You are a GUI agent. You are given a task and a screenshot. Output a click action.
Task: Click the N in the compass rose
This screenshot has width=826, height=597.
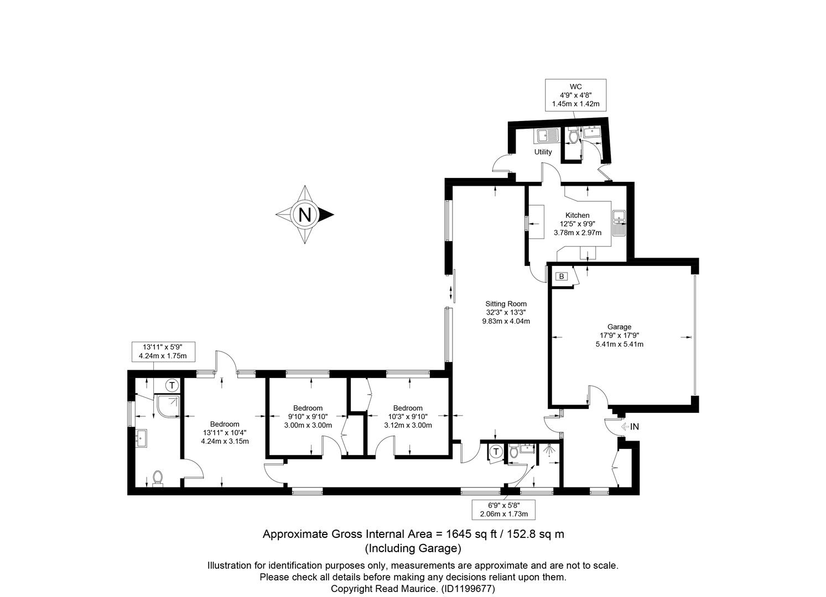tap(305, 214)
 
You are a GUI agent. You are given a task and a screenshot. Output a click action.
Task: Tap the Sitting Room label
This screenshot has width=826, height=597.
tap(506, 304)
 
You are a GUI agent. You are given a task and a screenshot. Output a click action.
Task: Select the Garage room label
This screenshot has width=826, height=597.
tap(620, 327)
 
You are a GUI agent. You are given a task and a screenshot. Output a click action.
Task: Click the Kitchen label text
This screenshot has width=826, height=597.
tap(578, 215)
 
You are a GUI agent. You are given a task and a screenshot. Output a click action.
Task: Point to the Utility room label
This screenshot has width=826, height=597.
tap(543, 152)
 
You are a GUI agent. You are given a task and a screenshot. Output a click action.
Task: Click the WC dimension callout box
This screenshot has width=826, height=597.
tap(575, 95)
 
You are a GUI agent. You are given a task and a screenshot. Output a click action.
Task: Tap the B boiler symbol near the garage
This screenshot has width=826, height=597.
tap(562, 276)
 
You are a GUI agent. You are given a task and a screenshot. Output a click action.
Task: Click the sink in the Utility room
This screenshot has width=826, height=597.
tap(546, 136)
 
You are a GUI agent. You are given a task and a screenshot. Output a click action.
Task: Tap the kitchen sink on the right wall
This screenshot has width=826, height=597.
tap(619, 223)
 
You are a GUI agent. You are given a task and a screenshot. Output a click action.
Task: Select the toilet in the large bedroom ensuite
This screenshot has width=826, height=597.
tap(158, 478)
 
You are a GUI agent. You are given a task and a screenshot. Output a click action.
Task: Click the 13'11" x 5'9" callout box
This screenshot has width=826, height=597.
tap(163, 352)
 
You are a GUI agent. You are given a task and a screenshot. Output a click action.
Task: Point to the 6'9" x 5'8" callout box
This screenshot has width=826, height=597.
tap(503, 510)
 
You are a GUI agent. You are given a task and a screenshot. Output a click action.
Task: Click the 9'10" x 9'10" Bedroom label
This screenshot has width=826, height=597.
tap(308, 417)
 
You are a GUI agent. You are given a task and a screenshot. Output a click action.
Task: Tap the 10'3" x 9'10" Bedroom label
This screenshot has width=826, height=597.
tap(408, 417)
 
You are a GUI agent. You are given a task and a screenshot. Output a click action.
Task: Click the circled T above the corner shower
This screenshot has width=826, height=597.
tap(172, 385)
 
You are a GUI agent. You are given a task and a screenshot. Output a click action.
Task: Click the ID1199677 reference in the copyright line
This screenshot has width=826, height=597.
tap(467, 589)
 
